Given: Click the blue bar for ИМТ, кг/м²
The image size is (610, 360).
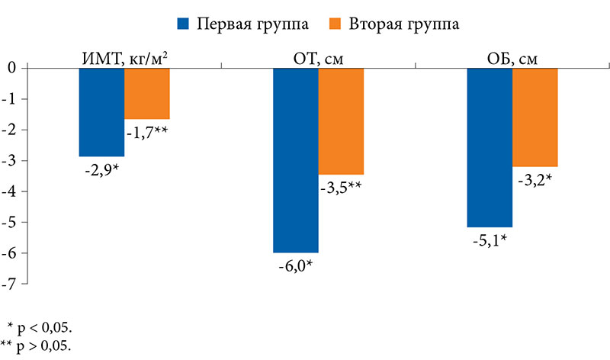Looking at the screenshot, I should [x=101, y=112].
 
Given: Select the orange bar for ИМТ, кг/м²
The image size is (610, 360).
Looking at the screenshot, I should [x=146, y=93].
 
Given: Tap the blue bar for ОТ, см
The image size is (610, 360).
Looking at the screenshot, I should [x=296, y=160].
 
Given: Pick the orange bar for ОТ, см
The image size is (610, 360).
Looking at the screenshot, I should [x=341, y=121].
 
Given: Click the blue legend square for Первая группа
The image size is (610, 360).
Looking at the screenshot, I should [x=182, y=24].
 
